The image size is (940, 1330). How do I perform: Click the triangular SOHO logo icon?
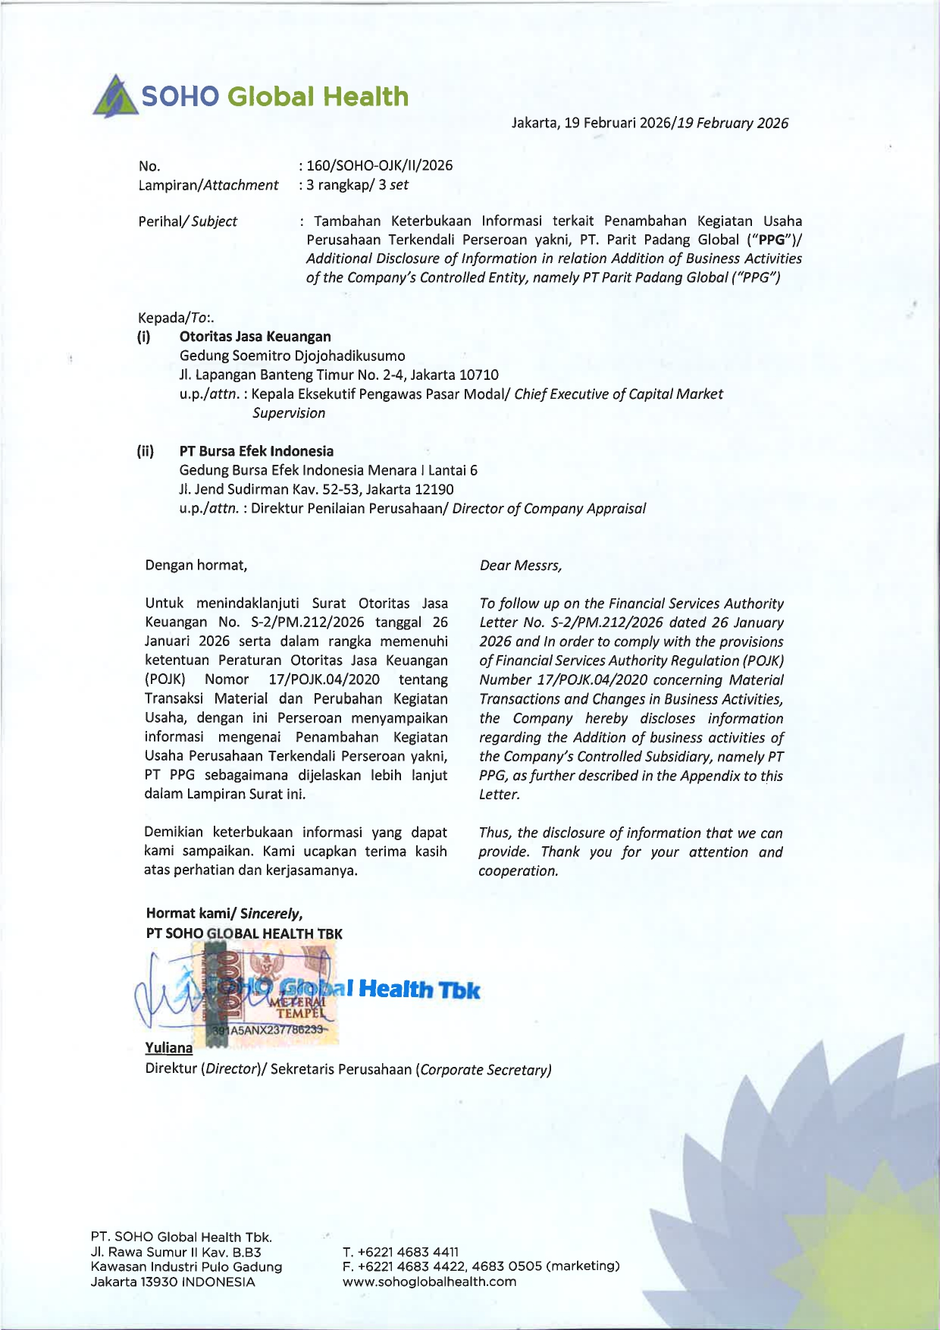pyautogui.click(x=115, y=96)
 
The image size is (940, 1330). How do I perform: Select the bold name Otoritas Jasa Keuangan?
pyautogui.click(x=255, y=337)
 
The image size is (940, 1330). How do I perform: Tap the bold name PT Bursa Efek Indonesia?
pyautogui.click(x=256, y=451)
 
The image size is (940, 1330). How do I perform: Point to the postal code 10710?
pyautogui.click(x=479, y=375)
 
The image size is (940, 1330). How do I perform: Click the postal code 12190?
pyautogui.click(x=434, y=489)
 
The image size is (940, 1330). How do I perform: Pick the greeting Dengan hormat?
pyautogui.click(x=196, y=565)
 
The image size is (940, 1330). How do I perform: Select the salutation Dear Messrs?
pyautogui.click(x=521, y=566)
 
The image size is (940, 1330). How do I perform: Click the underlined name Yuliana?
pyautogui.click(x=168, y=1047)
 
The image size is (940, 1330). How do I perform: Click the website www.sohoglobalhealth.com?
pyautogui.click(x=429, y=1281)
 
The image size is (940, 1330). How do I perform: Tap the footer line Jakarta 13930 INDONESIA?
pyautogui.click(x=173, y=1281)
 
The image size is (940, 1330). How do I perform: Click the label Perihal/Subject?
pyautogui.click(x=187, y=221)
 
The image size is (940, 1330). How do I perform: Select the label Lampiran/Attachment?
pyautogui.click(x=208, y=185)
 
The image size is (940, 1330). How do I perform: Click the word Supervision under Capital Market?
pyautogui.click(x=289, y=413)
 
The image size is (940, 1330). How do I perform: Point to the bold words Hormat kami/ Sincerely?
pyautogui.click(x=224, y=913)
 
